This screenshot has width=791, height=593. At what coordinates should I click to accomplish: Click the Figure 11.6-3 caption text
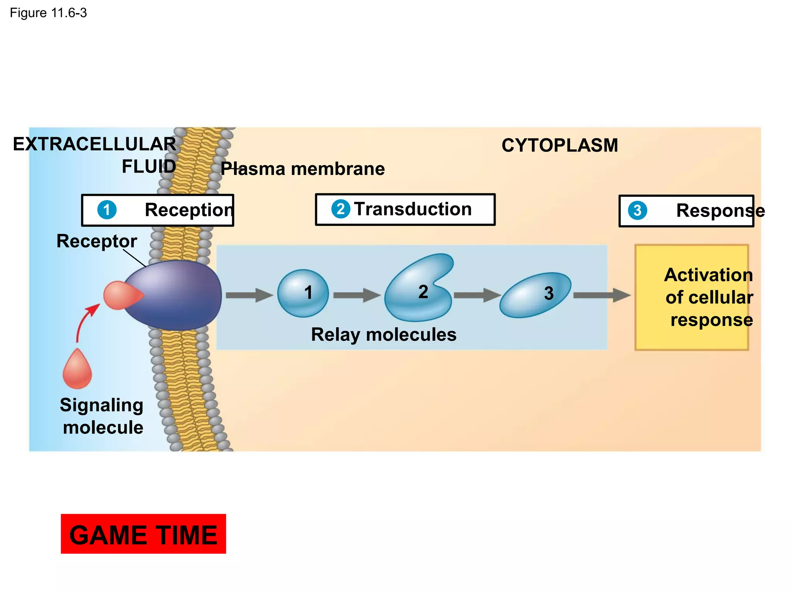pyautogui.click(x=48, y=13)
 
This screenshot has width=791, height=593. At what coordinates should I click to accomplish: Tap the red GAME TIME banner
pyautogui.click(x=143, y=534)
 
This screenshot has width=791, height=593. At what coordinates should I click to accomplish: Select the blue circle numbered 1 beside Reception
pyautogui.click(x=107, y=210)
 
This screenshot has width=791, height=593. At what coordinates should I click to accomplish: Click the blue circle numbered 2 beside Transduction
pyautogui.click(x=341, y=209)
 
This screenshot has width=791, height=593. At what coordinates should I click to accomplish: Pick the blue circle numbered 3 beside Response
pyautogui.click(x=637, y=210)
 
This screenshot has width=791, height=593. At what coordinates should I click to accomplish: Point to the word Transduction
pyautogui.click(x=412, y=209)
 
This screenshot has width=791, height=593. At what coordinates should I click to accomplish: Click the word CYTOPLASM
pyautogui.click(x=560, y=146)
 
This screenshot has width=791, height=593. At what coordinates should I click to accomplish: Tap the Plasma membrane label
pyautogui.click(x=302, y=169)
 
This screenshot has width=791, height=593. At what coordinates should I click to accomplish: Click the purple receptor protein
pyautogui.click(x=178, y=295)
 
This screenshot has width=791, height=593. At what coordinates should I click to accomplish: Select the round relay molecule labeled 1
pyautogui.click(x=303, y=293)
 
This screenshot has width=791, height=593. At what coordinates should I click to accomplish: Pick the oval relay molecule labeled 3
pyautogui.click(x=535, y=295)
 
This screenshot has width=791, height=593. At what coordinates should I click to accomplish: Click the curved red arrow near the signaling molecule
pyautogui.click(x=85, y=320)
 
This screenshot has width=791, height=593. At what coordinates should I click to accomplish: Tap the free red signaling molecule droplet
pyautogui.click(x=77, y=370)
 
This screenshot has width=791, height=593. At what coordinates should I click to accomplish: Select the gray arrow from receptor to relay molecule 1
pyautogui.click(x=249, y=295)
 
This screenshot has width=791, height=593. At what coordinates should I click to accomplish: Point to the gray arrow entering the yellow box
pyautogui.click(x=601, y=295)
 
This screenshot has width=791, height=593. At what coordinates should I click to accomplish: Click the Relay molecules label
pyautogui.click(x=384, y=334)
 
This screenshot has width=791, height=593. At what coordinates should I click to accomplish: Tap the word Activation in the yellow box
pyautogui.click(x=708, y=275)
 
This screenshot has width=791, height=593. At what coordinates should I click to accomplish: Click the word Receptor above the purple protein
pyautogui.click(x=97, y=241)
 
